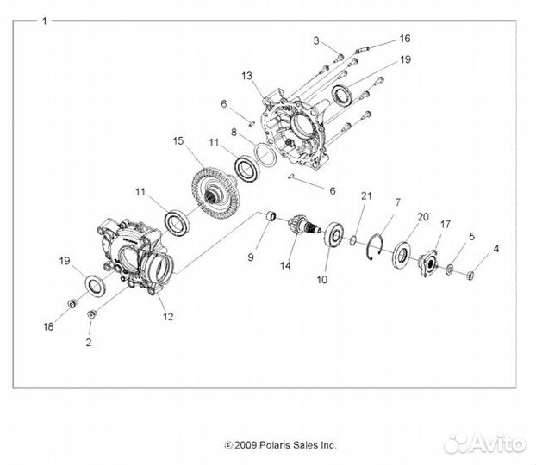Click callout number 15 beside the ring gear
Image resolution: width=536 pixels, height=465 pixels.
point(178,140)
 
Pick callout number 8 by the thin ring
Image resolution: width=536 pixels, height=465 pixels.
point(233,133)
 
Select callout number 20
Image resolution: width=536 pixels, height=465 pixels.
point(422,216)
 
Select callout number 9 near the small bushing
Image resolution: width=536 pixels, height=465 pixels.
point(252,256)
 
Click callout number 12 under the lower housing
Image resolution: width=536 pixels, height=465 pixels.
point(168,316)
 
